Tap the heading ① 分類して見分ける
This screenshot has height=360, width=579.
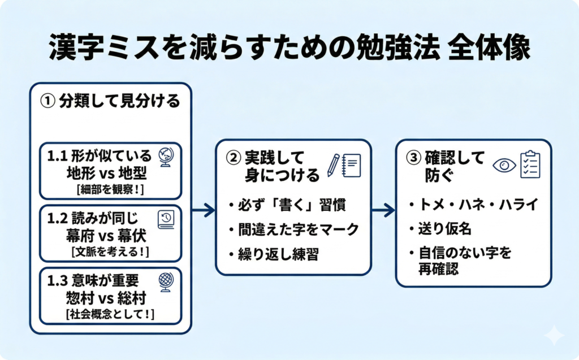click(x=110, y=101)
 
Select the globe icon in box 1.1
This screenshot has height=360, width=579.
click(x=166, y=158)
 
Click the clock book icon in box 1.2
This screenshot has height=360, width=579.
click(x=166, y=219)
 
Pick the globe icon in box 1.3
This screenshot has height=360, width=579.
click(x=166, y=281)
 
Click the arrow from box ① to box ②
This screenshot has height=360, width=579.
click(x=204, y=210)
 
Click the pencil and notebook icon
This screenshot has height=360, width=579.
click(x=344, y=165)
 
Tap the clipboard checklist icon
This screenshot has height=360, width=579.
click(x=530, y=164)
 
